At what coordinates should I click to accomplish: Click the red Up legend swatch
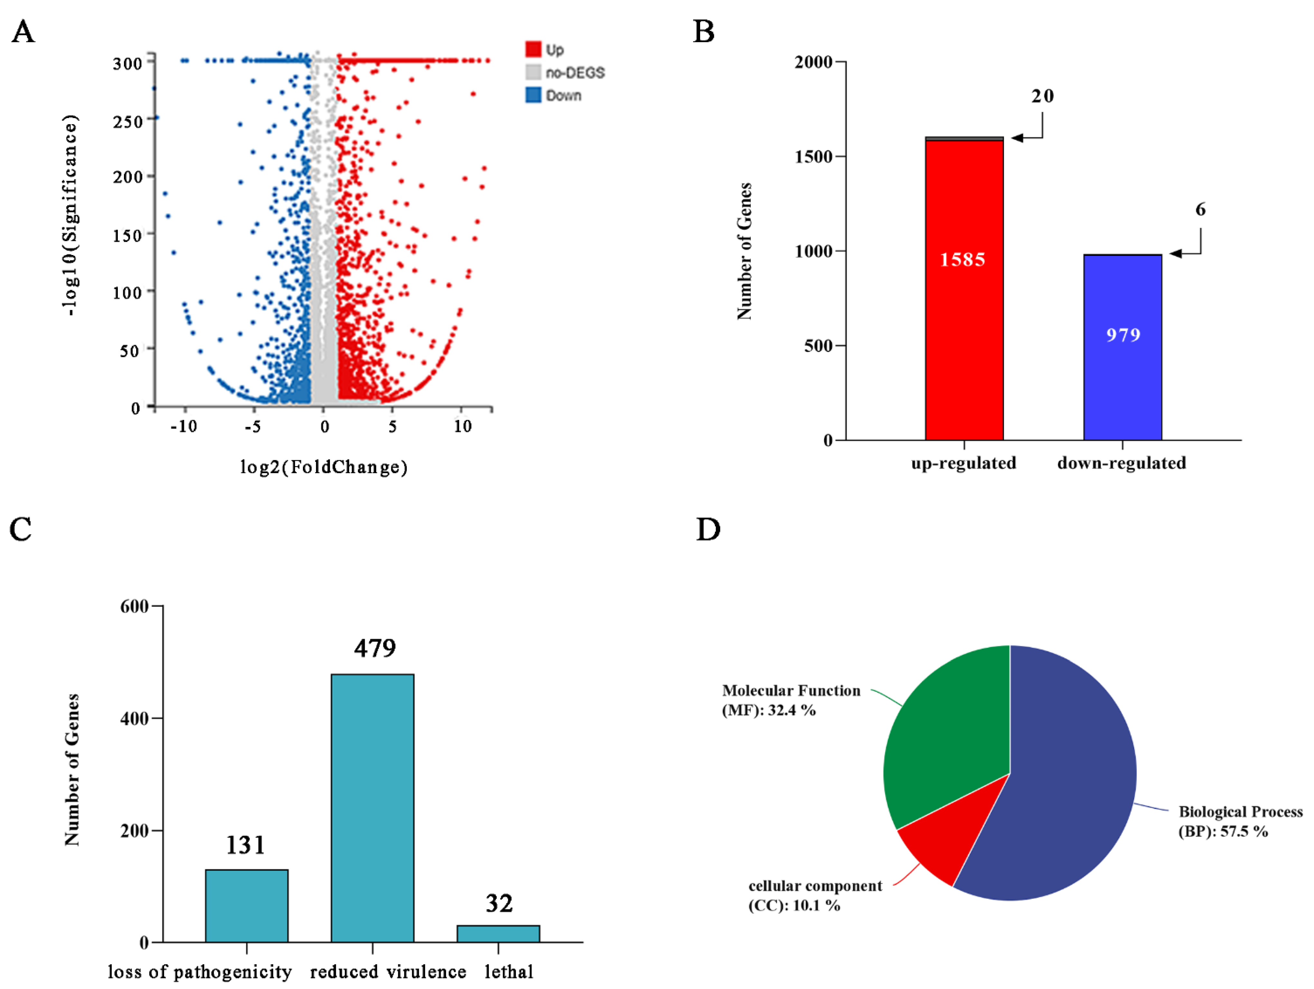tap(533, 49)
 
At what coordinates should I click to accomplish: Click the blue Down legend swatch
tap(533, 95)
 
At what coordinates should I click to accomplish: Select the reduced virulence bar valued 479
tap(372, 807)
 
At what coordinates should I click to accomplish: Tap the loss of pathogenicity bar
tap(247, 905)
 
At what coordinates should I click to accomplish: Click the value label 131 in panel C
tap(245, 845)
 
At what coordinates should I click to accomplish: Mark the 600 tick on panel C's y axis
tap(134, 606)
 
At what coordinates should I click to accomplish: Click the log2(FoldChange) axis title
tap(324, 467)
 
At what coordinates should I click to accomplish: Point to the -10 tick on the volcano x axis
tap(183, 426)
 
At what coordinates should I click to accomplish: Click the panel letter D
tap(708, 529)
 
